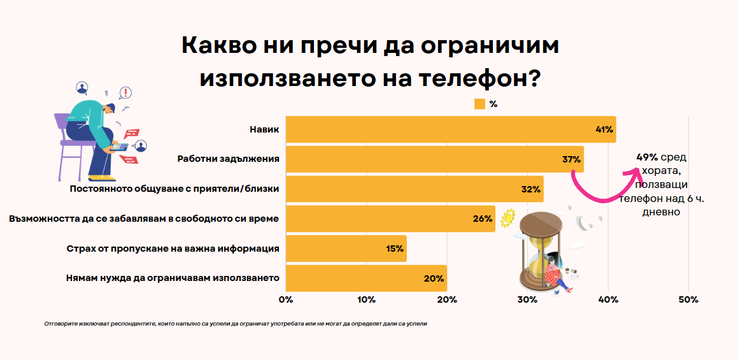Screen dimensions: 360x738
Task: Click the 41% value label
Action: pyautogui.click(x=604, y=129)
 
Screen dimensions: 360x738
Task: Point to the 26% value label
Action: pyautogui.click(x=483, y=219)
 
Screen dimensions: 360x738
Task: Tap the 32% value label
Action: pyautogui.click(x=530, y=189)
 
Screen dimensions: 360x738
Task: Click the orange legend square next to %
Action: pyautogui.click(x=479, y=104)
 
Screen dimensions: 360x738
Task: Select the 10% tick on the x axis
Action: pyautogui.click(x=366, y=299)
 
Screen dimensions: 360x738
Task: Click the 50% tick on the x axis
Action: pyautogui.click(x=688, y=299)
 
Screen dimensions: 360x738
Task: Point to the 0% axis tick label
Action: pyautogui.click(x=286, y=299)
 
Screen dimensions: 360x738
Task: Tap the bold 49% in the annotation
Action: pyautogui.click(x=647, y=157)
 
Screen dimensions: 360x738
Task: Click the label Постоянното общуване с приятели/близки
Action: pyautogui.click(x=174, y=189)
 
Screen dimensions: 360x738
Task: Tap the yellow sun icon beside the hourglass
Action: pyautogui.click(x=507, y=219)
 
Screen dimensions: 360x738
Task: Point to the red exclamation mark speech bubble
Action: pyautogui.click(x=126, y=93)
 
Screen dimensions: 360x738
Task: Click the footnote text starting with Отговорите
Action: pyautogui.click(x=236, y=324)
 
